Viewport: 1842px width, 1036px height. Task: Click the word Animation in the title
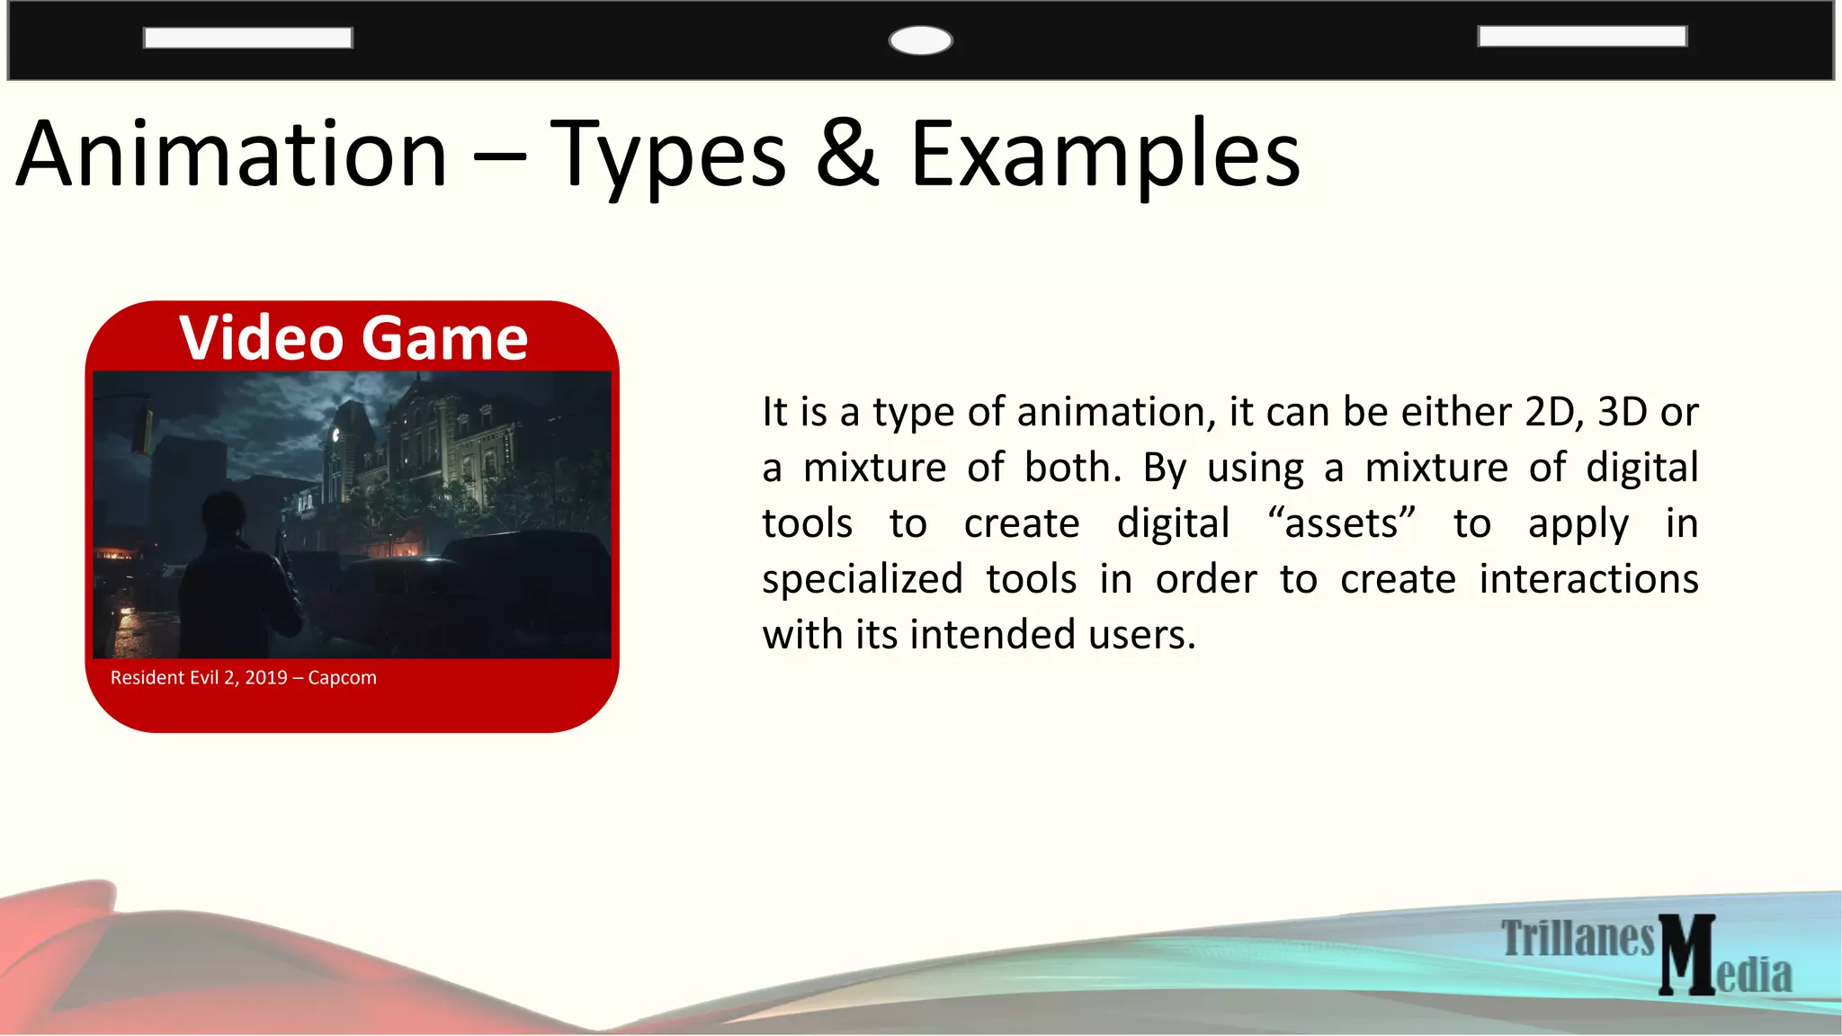click(232, 155)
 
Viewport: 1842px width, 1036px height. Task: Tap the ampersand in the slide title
click(847, 155)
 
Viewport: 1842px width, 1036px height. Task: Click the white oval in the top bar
click(920, 40)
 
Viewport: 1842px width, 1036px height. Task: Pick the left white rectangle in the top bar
click(247, 38)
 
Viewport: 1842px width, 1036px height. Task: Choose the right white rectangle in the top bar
click(1582, 36)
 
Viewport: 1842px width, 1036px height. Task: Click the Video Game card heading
click(353, 338)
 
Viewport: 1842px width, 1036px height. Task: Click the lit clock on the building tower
click(335, 435)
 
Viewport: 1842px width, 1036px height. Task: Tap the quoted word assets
click(1341, 523)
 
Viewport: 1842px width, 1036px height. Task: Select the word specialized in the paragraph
click(862, 579)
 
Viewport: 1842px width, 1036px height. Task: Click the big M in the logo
click(1686, 955)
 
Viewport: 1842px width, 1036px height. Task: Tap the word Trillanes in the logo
click(1578, 938)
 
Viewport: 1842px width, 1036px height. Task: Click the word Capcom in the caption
click(342, 677)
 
